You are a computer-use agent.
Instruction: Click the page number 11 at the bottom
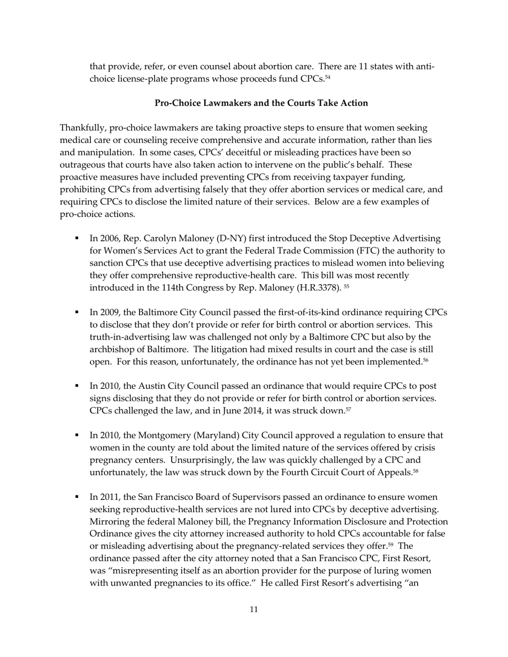[253, 609]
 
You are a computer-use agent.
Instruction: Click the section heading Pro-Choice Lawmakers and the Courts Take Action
[261, 103]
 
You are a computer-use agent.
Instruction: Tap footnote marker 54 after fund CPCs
[328, 77]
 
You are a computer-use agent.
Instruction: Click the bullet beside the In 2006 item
[78, 238]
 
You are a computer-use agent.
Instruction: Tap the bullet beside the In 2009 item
[78, 312]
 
